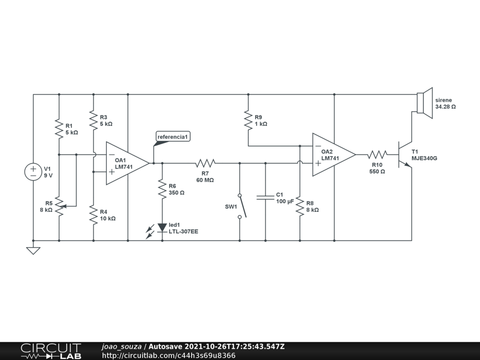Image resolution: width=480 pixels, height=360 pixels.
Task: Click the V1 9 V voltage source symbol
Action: pos(33,172)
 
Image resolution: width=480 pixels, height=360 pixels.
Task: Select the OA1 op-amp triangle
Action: pos(125,163)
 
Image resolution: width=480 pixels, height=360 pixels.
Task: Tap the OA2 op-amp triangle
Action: pos(331,155)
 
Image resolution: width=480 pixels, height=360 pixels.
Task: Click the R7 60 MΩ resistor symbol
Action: pos(205,163)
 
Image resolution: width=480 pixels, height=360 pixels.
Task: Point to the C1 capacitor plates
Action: pos(265,198)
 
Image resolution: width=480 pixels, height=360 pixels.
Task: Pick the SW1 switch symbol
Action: pos(240,206)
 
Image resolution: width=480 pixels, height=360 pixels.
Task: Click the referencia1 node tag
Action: pos(173,137)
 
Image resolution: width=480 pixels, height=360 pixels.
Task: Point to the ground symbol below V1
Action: pos(33,250)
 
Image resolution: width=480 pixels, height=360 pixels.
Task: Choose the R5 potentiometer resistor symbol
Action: pos(59,206)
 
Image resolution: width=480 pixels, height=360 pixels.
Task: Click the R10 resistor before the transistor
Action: pos(377,155)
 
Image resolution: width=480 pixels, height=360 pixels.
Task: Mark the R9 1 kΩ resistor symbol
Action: pos(248,120)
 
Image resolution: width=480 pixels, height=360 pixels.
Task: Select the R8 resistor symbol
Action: pos(300,206)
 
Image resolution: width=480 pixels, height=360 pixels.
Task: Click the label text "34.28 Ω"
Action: pos(445,107)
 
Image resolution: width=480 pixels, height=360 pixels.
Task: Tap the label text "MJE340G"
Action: pos(424,158)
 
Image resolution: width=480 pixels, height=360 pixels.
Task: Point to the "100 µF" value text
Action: pos(285,201)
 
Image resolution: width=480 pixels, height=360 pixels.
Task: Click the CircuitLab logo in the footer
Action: pos(51,351)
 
